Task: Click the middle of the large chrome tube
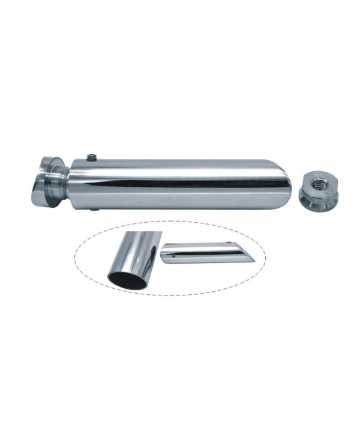(180, 183)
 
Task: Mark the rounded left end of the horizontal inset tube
(164, 252)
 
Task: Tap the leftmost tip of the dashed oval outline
(74, 259)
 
